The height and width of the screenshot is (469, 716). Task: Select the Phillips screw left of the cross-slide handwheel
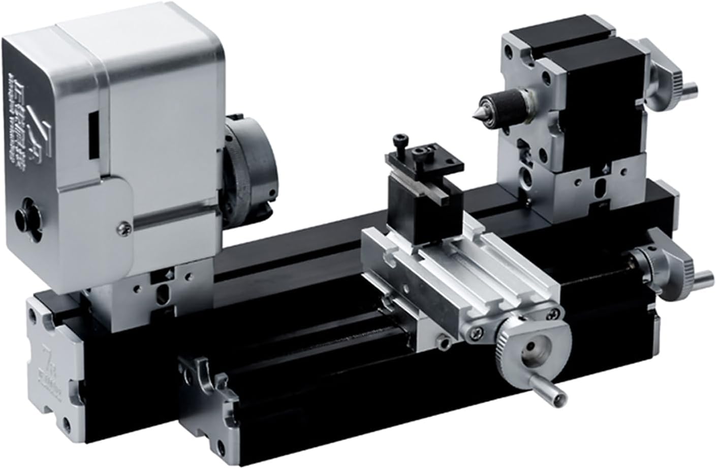click(x=478, y=332)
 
